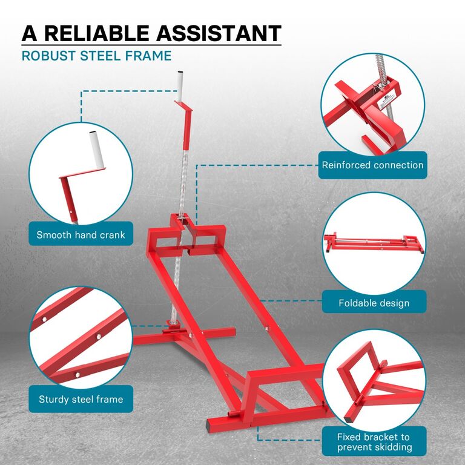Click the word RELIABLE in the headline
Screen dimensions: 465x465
97,33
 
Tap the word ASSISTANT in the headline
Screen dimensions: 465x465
219,33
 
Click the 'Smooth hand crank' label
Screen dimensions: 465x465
81,235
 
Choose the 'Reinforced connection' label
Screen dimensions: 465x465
372,165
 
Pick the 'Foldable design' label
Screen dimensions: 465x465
374,303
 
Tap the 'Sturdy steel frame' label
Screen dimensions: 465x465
81,399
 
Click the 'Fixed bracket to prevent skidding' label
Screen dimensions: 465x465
374,442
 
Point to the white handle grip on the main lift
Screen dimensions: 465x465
180,87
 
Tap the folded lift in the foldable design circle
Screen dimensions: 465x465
374,243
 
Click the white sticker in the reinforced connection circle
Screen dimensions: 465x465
389,101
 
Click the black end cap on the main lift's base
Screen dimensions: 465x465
211,427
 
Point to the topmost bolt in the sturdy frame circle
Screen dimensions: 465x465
44,320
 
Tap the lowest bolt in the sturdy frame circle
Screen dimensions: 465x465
77,375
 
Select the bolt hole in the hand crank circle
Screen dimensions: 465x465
71,212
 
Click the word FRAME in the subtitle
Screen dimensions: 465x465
148,56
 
